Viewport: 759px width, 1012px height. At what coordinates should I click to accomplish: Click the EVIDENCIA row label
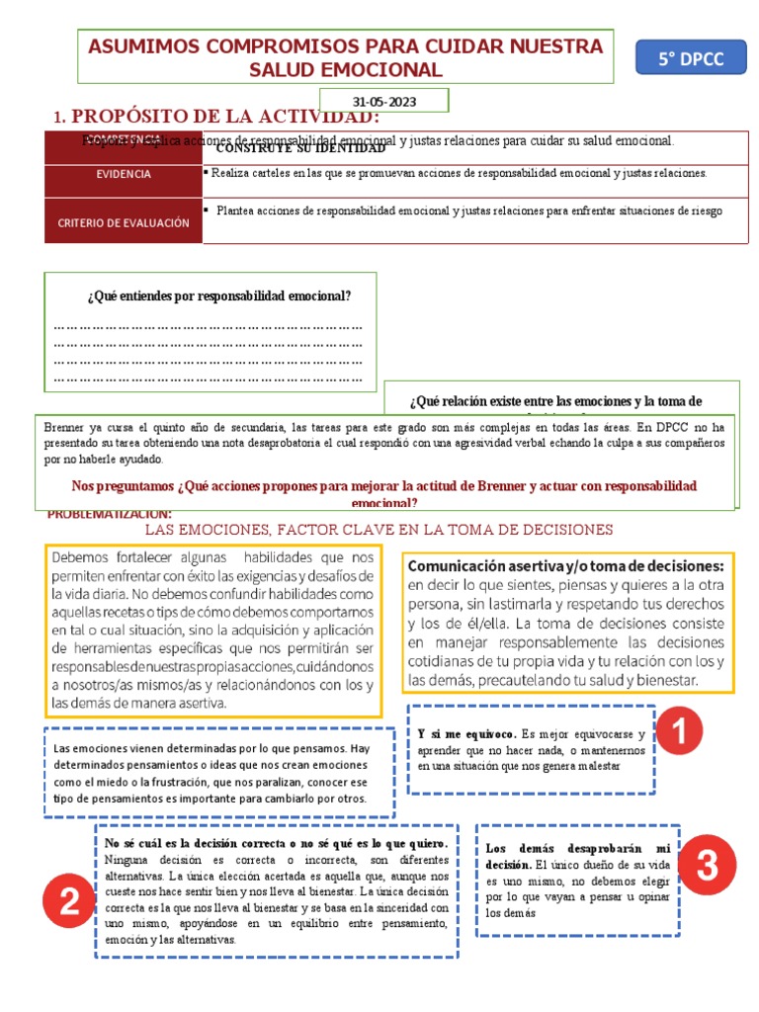point(124,174)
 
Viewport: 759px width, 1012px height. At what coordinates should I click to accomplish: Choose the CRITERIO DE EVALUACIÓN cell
point(124,223)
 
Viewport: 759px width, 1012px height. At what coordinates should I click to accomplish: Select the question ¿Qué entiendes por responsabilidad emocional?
point(219,295)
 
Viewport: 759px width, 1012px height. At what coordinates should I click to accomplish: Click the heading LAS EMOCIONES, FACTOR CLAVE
point(379,530)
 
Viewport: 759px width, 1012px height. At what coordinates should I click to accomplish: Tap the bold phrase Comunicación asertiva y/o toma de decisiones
point(566,565)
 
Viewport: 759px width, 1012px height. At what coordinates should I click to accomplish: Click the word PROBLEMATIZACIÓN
point(109,514)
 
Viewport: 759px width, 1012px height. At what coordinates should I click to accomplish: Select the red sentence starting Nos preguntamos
point(384,486)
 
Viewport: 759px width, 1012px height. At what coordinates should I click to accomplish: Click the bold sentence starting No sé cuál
point(276,843)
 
